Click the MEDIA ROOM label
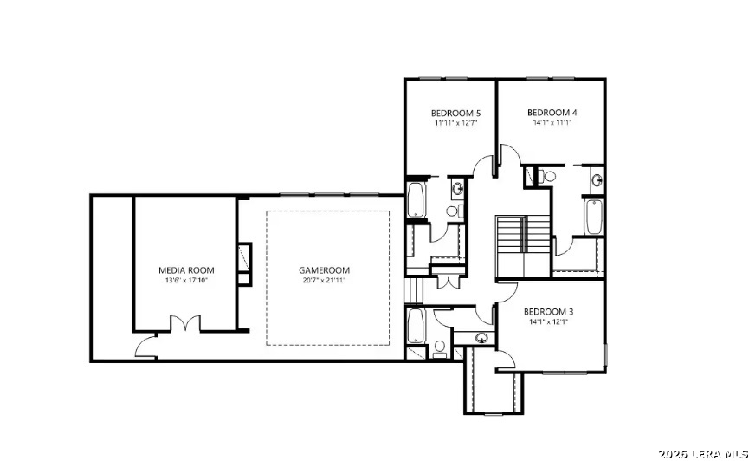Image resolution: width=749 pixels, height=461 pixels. [x=186, y=270]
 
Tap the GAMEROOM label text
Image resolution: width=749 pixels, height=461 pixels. [x=325, y=270]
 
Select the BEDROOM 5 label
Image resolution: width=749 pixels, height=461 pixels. [x=455, y=114]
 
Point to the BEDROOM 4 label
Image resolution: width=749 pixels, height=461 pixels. [x=552, y=113]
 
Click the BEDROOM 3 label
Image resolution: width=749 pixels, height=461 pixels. [x=548, y=312]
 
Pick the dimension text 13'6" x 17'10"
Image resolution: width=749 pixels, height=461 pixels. [x=186, y=280]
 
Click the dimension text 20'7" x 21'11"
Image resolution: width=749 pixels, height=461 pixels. [x=325, y=280]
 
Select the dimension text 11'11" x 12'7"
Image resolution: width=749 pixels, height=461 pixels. [x=456, y=123]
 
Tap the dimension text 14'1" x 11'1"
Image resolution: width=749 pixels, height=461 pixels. [x=552, y=122]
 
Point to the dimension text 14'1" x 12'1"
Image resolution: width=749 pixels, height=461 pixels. [x=548, y=321]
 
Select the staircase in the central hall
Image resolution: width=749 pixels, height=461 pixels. [x=523, y=246]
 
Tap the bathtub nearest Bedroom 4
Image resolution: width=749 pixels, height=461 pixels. [x=594, y=218]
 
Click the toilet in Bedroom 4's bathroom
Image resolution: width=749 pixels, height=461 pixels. [x=547, y=177]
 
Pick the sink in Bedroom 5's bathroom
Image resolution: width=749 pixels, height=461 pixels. [x=457, y=188]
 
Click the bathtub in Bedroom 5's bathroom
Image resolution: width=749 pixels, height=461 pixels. [x=416, y=200]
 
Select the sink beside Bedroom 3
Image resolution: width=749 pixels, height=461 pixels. [x=482, y=338]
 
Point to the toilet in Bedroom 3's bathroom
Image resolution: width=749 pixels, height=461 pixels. [x=440, y=348]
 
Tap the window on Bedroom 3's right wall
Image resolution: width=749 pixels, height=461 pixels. [x=605, y=354]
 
